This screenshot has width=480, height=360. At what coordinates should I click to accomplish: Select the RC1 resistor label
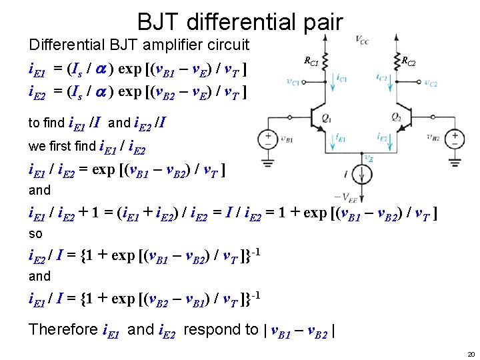[311, 62]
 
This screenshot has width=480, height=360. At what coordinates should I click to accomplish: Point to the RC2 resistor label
[408, 62]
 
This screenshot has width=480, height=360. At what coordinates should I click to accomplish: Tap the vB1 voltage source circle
[268, 140]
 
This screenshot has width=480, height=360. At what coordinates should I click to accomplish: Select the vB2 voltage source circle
[455, 140]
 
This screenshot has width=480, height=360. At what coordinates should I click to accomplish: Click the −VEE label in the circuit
[349, 197]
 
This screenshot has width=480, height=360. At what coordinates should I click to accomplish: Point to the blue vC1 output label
[293, 82]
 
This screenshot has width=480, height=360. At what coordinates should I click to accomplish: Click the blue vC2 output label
[431, 84]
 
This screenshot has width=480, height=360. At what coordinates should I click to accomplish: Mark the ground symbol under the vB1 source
[268, 162]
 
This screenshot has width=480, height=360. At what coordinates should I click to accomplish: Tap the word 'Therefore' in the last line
[63, 329]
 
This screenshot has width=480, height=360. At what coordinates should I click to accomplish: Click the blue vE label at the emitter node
[367, 157]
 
